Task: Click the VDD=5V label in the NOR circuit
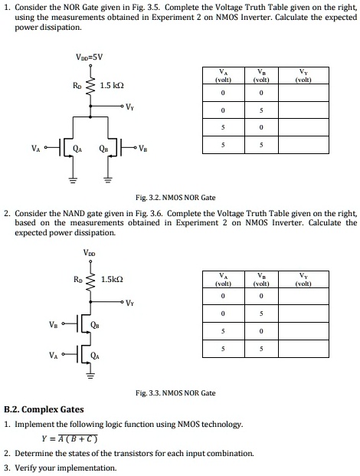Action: point(90,56)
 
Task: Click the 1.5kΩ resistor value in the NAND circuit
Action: point(113,279)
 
